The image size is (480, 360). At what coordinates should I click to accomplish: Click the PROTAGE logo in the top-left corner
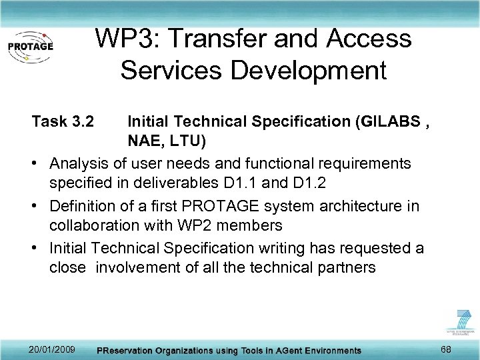pos(30,47)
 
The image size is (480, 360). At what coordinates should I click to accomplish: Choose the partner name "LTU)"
pos(190,142)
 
